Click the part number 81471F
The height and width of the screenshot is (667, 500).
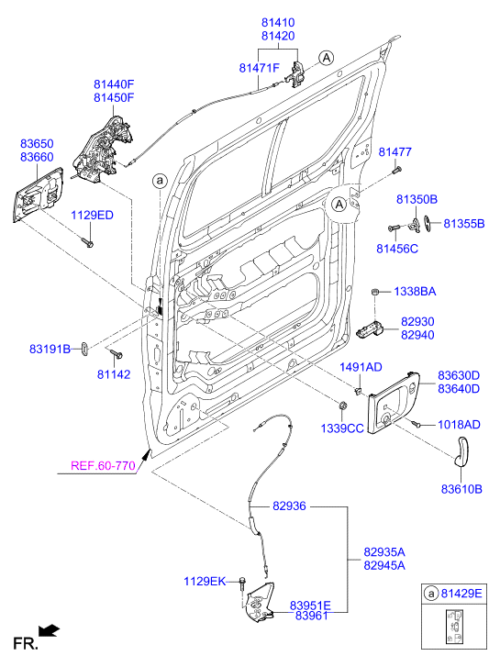coord(259,68)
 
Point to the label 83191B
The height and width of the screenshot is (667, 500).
coord(50,350)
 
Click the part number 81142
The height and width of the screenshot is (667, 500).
coord(115,374)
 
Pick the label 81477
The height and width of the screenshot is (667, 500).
coord(395,151)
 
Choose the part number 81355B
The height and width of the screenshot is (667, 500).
coord(464,223)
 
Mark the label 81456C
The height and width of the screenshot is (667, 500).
coord(397,248)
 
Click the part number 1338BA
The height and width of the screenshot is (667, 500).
coord(415,291)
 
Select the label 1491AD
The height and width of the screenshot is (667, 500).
coord(361,367)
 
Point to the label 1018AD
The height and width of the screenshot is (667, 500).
coord(459,425)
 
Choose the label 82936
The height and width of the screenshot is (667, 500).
coord(289,506)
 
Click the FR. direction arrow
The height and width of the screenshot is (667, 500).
coord(50,630)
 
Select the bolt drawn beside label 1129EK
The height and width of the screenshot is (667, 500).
coord(240,584)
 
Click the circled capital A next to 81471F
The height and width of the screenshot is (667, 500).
coord(325,58)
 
